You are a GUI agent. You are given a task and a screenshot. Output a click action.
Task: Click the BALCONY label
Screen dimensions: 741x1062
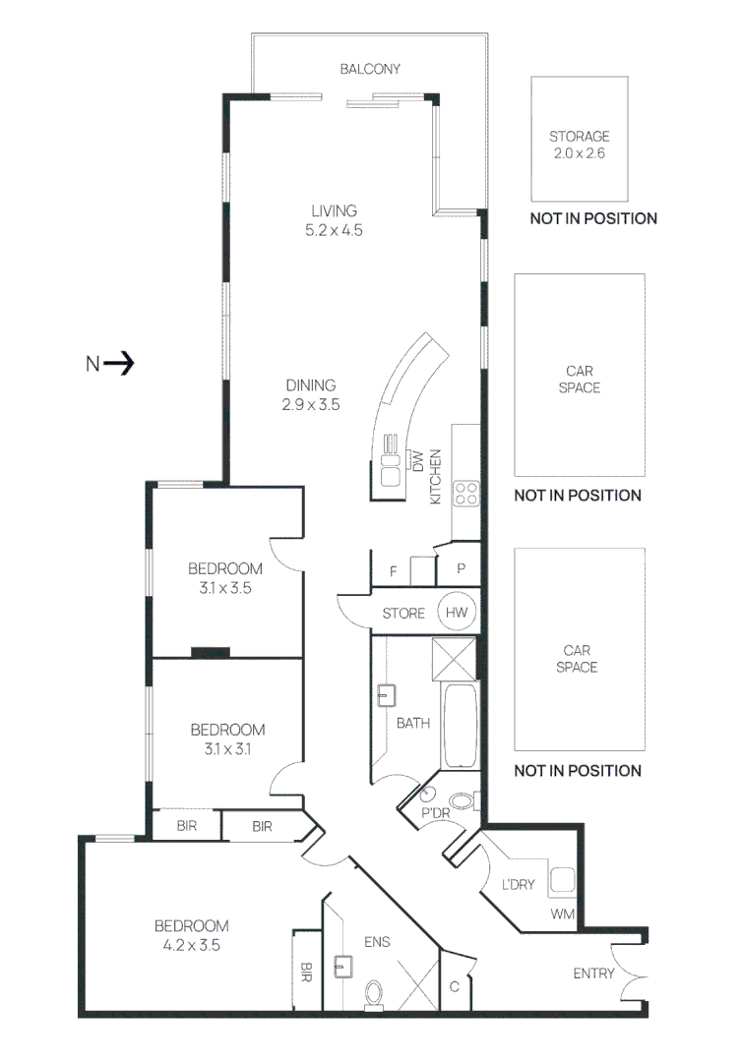click(x=369, y=69)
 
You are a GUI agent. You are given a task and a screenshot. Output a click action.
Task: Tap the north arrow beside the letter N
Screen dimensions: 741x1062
click(x=119, y=363)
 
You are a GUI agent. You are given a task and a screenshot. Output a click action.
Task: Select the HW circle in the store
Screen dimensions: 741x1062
click(x=457, y=613)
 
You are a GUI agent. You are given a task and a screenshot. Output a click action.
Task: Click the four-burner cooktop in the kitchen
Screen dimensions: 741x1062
click(x=465, y=493)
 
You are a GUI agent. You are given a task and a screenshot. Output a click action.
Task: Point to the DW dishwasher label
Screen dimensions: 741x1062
click(x=417, y=461)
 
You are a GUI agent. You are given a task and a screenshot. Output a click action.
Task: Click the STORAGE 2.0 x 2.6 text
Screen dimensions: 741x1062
click(x=579, y=145)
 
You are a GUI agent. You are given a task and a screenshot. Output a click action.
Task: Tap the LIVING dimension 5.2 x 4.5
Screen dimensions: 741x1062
click(x=334, y=230)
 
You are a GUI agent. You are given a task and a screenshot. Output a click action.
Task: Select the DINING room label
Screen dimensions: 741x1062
click(x=311, y=384)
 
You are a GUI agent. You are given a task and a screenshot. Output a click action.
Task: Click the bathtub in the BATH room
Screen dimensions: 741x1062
click(x=459, y=726)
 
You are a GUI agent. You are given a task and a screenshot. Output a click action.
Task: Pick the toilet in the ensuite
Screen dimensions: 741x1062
click(x=374, y=995)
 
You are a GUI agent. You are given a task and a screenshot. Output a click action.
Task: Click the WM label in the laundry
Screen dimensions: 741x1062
click(x=562, y=914)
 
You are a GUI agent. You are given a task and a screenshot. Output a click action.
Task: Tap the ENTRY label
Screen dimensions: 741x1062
click(x=593, y=973)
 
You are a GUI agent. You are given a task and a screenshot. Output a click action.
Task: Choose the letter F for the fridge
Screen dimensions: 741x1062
click(x=394, y=571)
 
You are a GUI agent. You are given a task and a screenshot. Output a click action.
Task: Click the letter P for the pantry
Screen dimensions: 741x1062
click(x=461, y=568)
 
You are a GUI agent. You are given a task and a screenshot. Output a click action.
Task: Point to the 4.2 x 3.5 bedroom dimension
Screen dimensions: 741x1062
click(x=191, y=945)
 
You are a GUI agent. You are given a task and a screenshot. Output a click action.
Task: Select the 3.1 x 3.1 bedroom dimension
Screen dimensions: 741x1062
click(x=227, y=748)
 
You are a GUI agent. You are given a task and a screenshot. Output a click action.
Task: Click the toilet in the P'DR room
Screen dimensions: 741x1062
click(x=463, y=802)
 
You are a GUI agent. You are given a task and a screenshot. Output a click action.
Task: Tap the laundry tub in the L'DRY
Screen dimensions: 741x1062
click(x=562, y=880)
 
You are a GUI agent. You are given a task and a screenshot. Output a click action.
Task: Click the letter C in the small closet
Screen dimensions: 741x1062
click(x=455, y=987)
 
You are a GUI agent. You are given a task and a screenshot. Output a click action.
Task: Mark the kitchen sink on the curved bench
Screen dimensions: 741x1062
click(x=391, y=469)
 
